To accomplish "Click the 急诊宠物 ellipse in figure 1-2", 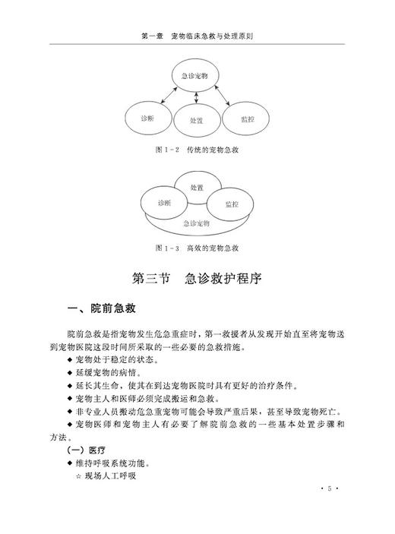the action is pyautogui.click(x=197, y=74).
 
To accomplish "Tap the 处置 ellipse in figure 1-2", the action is pyautogui.click(x=197, y=121).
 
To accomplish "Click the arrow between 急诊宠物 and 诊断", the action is pyautogui.click(x=165, y=95).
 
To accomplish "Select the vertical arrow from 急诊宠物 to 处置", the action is pyautogui.click(x=197, y=97).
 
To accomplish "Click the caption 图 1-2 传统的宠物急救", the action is pyautogui.click(x=197, y=150).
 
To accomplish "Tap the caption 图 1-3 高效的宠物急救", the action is pyautogui.click(x=197, y=248).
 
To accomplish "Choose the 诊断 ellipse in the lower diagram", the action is pyautogui.click(x=164, y=203).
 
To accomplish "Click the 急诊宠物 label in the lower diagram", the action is pyautogui.click(x=197, y=223).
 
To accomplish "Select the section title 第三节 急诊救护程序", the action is pyautogui.click(x=197, y=278).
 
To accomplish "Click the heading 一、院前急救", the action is pyautogui.click(x=103, y=308).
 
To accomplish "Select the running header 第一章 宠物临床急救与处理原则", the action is pyautogui.click(x=197, y=36).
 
